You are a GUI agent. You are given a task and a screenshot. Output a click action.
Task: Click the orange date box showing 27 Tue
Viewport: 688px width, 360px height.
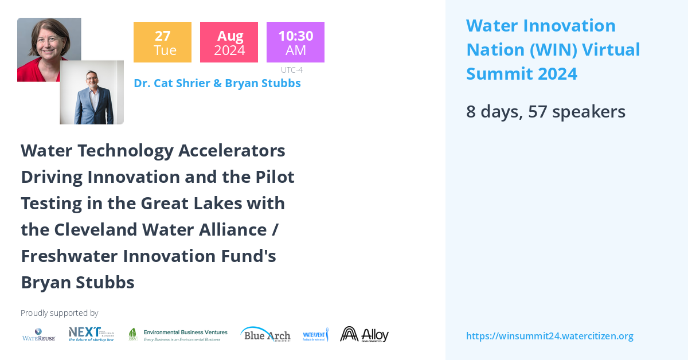click(162, 42)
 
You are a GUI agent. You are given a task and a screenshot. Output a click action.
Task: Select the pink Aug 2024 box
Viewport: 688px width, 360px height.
click(229, 42)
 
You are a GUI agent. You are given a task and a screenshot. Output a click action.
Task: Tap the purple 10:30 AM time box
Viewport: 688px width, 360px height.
click(295, 42)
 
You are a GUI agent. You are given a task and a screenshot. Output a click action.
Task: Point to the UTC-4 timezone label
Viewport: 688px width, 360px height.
click(291, 70)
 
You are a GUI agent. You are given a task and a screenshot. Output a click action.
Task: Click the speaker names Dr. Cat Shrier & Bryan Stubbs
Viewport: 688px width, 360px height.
click(217, 83)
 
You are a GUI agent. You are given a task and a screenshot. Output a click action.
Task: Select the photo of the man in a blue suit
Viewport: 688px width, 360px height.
click(92, 93)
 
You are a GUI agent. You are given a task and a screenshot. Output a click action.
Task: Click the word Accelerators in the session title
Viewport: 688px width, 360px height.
click(232, 151)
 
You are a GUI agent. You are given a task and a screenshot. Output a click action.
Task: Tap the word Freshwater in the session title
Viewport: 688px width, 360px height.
click(67, 256)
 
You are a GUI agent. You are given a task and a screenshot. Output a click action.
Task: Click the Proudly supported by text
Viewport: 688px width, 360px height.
click(59, 313)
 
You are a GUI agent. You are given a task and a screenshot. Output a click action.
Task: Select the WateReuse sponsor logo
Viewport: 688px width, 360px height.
click(38, 334)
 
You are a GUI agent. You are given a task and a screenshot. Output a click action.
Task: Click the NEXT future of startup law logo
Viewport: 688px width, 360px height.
click(91, 334)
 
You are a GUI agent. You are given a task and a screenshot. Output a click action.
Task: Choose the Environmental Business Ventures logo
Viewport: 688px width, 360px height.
click(178, 335)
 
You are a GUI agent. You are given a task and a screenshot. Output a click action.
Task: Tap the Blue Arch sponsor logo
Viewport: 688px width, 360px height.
click(265, 334)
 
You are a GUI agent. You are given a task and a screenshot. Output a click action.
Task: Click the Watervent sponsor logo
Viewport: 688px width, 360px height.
click(315, 334)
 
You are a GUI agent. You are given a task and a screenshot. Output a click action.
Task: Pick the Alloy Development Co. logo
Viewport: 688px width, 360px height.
click(364, 334)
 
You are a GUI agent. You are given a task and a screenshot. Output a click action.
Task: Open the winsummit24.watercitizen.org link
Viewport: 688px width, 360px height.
click(549, 336)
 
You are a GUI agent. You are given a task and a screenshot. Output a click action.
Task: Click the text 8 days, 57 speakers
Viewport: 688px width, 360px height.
click(545, 111)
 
